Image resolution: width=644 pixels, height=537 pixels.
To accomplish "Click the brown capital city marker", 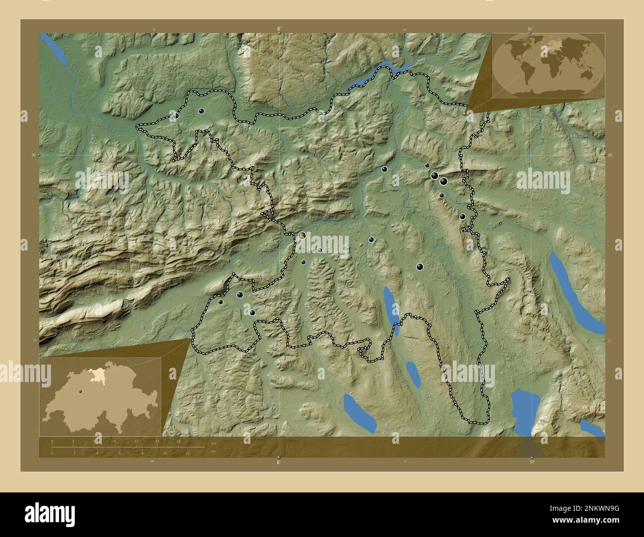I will tap(302, 236).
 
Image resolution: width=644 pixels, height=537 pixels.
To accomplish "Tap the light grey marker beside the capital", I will tap(320, 250).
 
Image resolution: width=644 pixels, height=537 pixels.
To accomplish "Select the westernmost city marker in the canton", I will tap(175, 115).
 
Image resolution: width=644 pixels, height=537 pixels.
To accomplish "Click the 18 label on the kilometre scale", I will tap(178, 441).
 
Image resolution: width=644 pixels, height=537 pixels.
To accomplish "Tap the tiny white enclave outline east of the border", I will tap(500, 224).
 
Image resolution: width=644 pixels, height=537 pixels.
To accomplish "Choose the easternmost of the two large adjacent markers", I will tap(443, 181).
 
